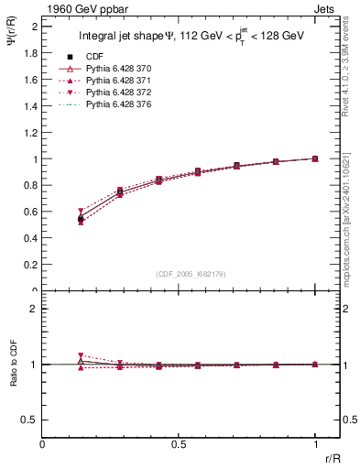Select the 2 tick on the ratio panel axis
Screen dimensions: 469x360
pyautogui.click(x=35, y=309)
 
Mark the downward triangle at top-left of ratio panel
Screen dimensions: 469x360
pyautogui.click(x=81, y=355)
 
